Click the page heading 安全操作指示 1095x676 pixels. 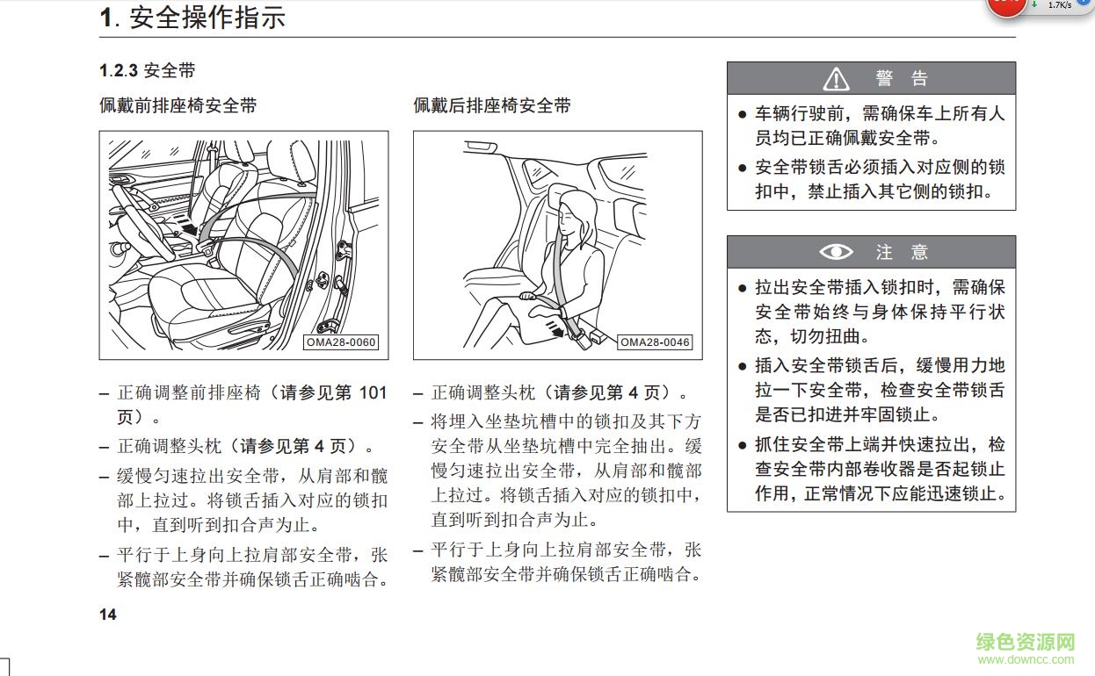[207, 18]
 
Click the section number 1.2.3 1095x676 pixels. [119, 71]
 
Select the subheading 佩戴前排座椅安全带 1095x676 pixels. [178, 105]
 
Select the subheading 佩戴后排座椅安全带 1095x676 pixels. [492, 105]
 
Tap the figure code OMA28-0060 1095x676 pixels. [341, 342]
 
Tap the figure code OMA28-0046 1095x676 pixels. [655, 342]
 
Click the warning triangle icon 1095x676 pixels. [836, 80]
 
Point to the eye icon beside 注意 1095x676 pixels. [836, 252]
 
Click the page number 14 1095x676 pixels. [107, 615]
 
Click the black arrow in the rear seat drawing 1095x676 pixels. [554, 328]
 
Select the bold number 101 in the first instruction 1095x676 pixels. [372, 392]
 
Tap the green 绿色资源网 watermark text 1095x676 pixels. [1026, 642]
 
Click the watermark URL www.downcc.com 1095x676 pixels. [1026, 660]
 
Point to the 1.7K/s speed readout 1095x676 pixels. [1059, 5]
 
